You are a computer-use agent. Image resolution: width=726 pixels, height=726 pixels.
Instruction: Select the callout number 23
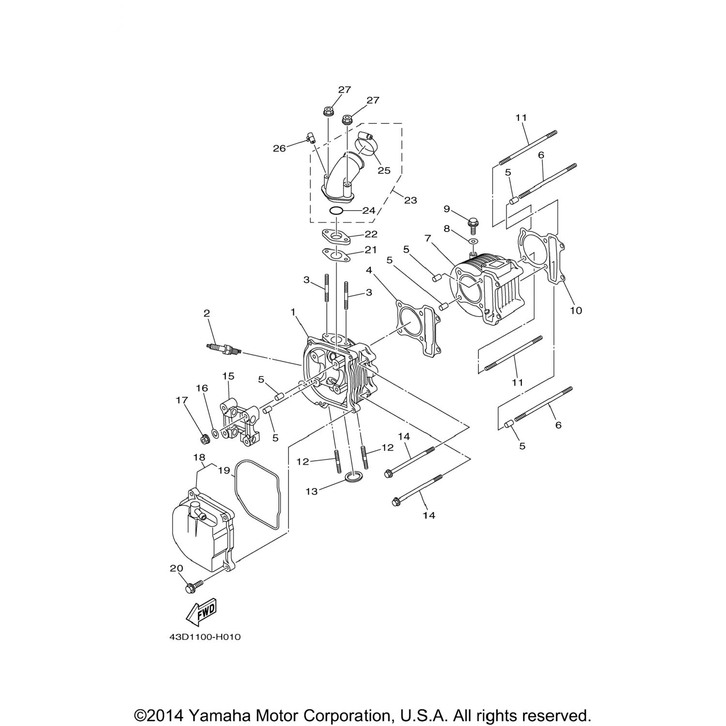[x=410, y=200]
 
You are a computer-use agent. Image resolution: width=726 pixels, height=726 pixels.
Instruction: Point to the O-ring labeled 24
[x=336, y=211]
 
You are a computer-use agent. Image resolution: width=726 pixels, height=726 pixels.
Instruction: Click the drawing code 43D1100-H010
[x=205, y=637]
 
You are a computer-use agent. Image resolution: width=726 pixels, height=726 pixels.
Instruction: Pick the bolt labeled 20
[x=191, y=588]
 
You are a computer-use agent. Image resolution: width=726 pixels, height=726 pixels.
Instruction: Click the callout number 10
[x=575, y=310]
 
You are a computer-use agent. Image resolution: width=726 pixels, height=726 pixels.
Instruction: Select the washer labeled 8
[x=473, y=241]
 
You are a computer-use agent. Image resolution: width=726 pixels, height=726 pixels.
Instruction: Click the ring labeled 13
[x=352, y=478]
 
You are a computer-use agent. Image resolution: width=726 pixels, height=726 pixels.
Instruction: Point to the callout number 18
[x=199, y=457]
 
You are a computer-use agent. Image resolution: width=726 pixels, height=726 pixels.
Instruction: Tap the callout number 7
[x=427, y=238]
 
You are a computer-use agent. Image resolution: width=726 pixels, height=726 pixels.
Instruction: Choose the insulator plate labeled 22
[x=336, y=238]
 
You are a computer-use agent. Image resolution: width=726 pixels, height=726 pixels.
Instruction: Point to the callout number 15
[x=228, y=376]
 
